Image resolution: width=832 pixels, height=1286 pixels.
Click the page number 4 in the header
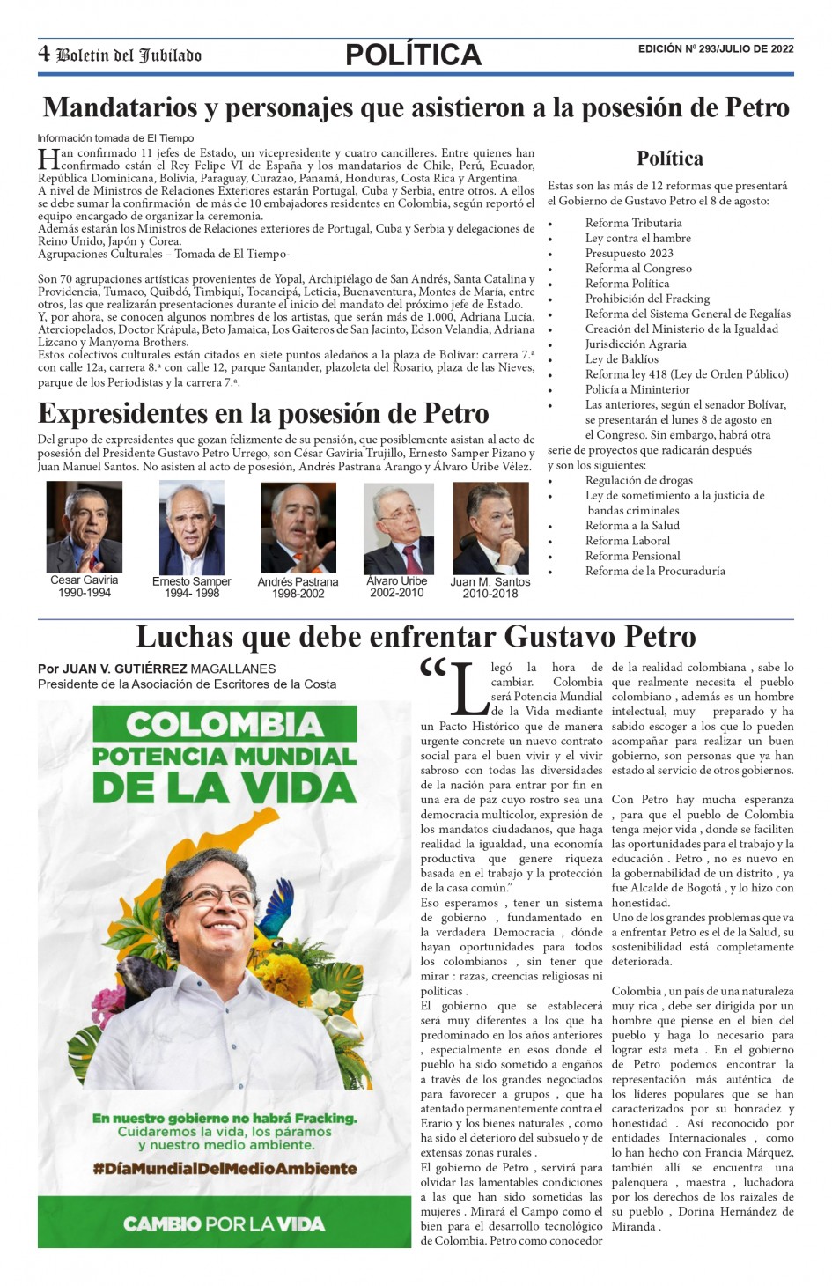44,54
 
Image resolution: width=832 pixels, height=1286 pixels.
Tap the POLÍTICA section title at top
413,55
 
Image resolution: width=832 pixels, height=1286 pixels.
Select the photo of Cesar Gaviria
84,528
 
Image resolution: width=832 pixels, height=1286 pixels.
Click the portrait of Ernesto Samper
191,528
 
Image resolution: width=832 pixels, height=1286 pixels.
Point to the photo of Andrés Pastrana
298,528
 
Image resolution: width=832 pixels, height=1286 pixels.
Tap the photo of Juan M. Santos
490,528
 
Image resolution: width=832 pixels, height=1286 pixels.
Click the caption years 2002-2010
396,593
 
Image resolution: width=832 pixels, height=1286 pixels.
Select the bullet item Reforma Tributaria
633,223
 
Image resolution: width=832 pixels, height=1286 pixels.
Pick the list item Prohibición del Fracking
647,299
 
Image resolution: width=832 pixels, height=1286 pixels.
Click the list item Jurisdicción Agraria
636,344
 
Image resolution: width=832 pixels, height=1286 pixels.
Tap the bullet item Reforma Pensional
632,556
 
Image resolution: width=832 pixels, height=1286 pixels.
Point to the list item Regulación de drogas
638,480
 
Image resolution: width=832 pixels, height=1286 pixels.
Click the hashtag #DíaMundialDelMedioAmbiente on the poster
225,1169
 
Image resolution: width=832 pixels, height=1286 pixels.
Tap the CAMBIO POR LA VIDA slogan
224,1223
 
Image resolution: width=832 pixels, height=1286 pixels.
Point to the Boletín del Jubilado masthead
129,55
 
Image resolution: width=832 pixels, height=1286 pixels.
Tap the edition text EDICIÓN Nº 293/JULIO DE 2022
715,49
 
